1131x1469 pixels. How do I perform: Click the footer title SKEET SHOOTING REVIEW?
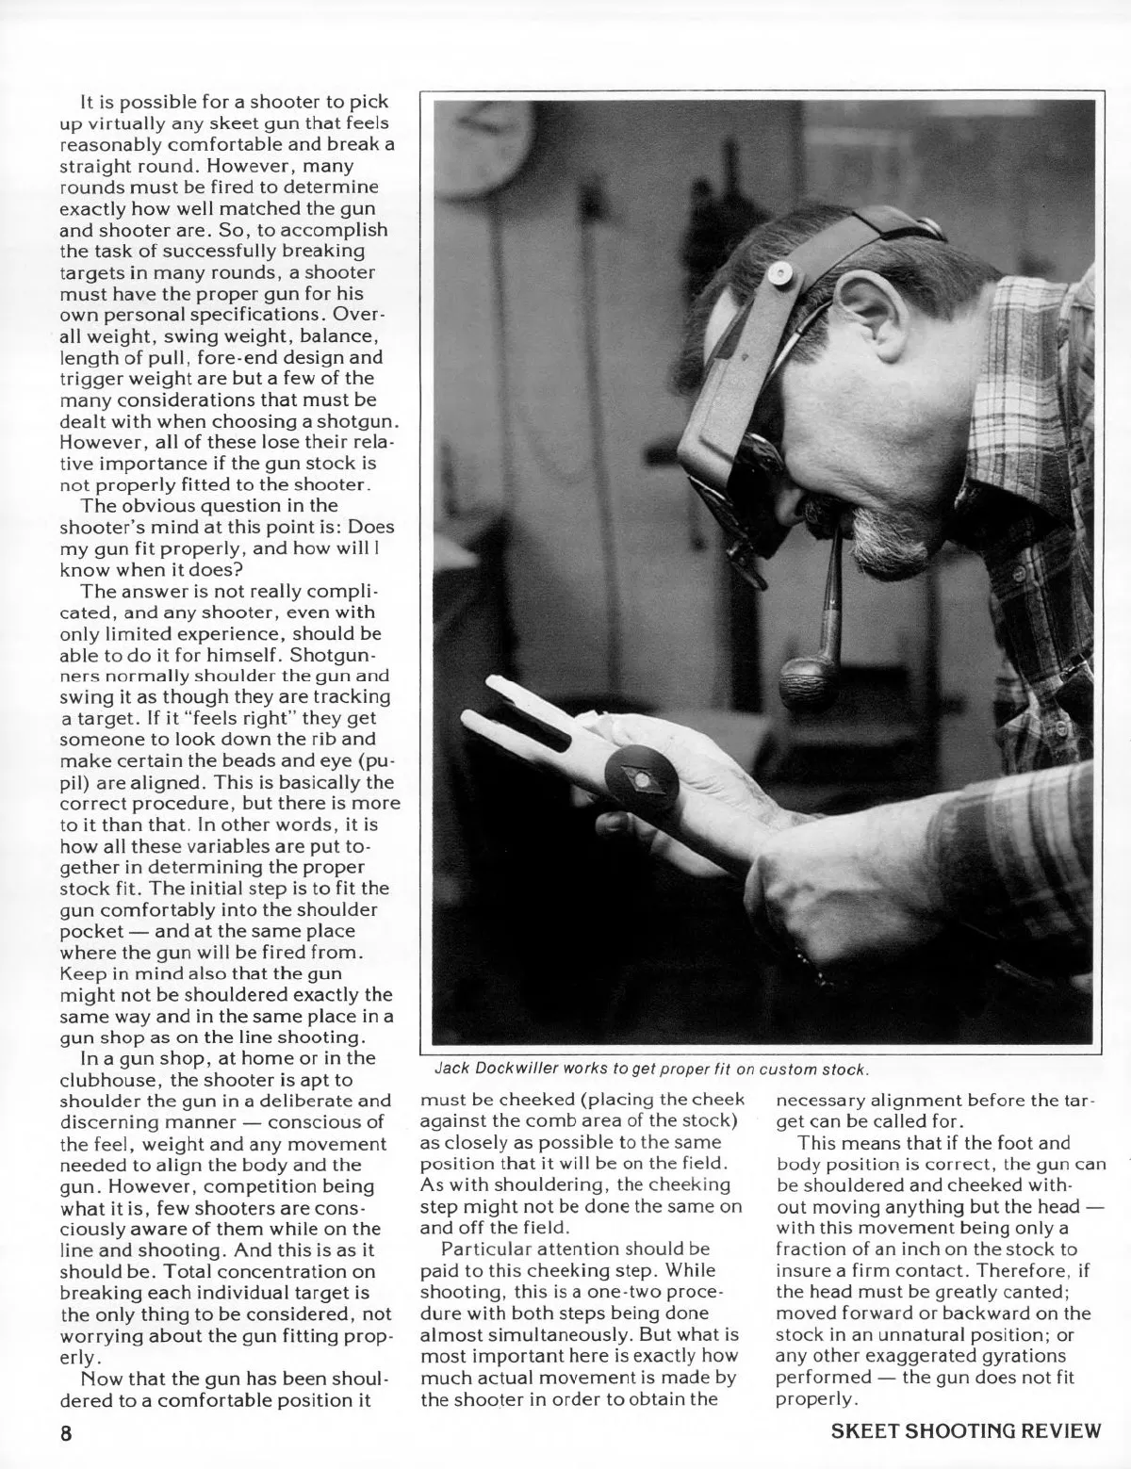pos(966,1431)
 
